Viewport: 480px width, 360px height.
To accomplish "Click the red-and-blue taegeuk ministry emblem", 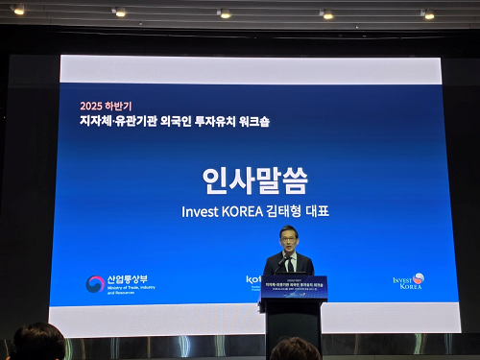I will click(x=95, y=284).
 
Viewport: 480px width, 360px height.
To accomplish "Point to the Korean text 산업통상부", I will click(x=128, y=279).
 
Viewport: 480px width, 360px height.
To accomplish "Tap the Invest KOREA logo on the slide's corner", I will click(x=408, y=281).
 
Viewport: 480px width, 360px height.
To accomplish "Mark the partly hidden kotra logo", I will click(x=254, y=279).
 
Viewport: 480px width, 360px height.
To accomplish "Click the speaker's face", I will click(x=287, y=238).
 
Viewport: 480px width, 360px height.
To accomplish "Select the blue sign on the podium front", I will click(x=294, y=287).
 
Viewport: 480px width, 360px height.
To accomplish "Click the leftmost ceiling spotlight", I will click(x=18, y=11).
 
